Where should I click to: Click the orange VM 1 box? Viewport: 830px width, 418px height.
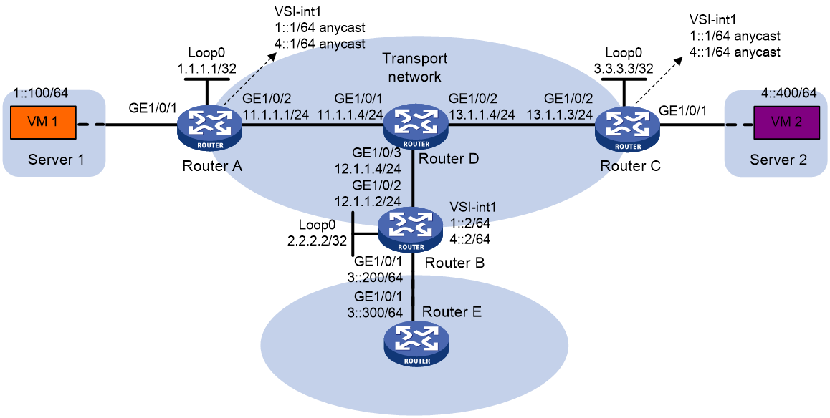(44, 125)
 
